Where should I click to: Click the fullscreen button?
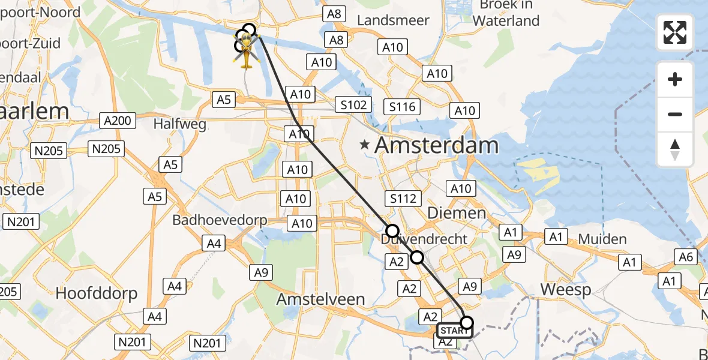tap(675, 32)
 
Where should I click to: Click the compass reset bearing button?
tap(675, 149)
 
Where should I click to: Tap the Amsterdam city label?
tap(437, 145)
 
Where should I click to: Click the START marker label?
tap(454, 331)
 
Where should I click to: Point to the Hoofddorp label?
tap(97, 293)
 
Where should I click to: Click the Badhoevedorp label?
tap(220, 220)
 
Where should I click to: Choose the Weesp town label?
tap(565, 290)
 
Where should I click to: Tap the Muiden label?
tap(602, 239)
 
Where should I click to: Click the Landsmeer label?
tap(393, 20)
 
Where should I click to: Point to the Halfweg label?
tap(180, 124)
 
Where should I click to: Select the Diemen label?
tap(456, 213)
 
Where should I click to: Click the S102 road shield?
tap(353, 104)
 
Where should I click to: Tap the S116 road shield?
tap(402, 107)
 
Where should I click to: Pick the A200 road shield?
tap(117, 121)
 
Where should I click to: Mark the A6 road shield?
tap(687, 257)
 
